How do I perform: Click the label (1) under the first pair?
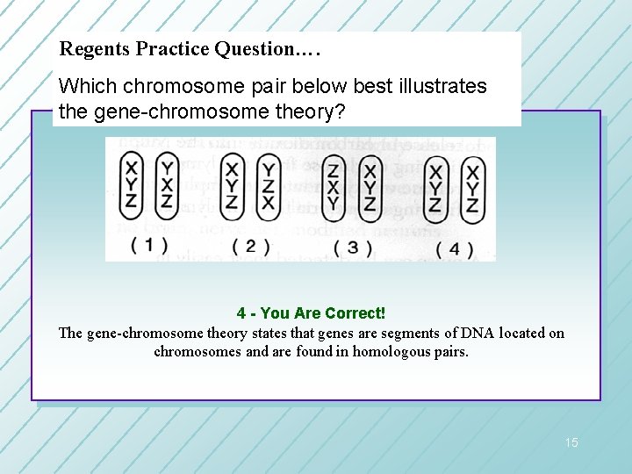(x=149, y=244)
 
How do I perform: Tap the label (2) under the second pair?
(x=250, y=246)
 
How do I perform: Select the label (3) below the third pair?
(x=352, y=248)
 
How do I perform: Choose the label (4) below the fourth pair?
(x=454, y=248)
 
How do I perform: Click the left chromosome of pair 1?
(x=132, y=185)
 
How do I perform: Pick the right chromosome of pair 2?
(x=269, y=185)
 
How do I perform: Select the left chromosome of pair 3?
(x=334, y=186)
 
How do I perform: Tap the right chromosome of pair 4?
(x=472, y=187)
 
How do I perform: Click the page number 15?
(x=571, y=442)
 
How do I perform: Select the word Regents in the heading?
(x=95, y=49)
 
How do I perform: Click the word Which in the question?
(x=88, y=87)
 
